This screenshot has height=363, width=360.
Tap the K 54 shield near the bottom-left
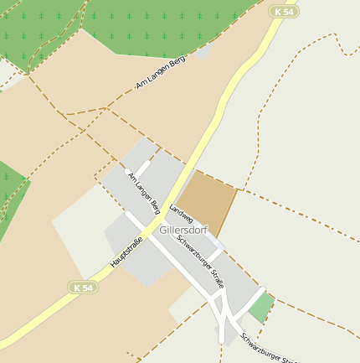(x=83, y=287)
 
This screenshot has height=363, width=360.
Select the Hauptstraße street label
(x=126, y=252)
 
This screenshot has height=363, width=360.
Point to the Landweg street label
(x=181, y=213)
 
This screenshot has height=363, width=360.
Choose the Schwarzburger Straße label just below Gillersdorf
(x=200, y=260)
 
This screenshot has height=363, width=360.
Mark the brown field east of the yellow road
(x=208, y=201)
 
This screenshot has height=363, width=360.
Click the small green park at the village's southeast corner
(x=261, y=308)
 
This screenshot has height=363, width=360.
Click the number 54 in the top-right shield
(x=289, y=11)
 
